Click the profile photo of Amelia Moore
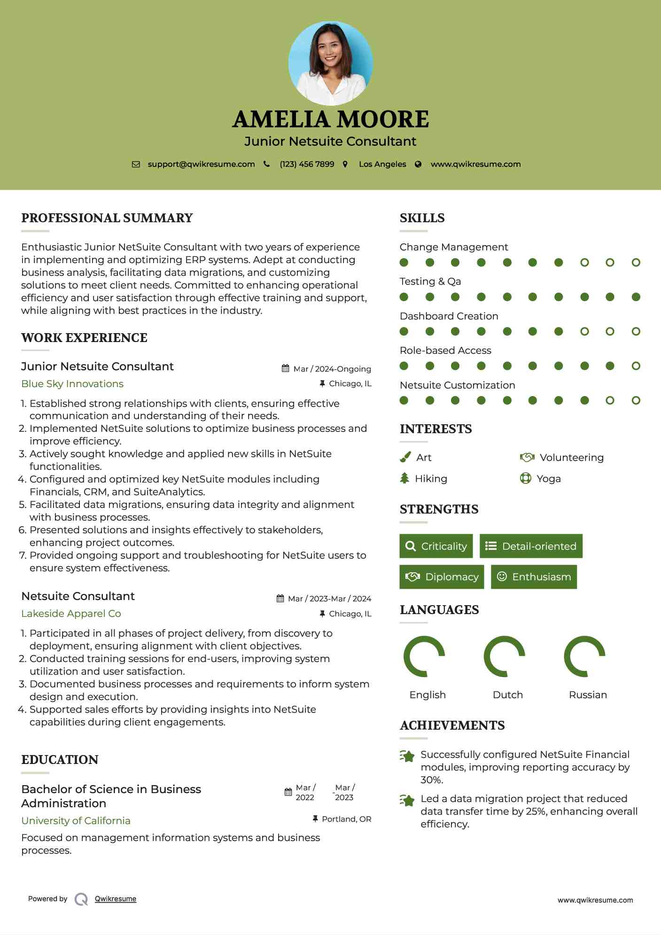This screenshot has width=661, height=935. click(330, 63)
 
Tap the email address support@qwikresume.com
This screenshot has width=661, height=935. click(201, 164)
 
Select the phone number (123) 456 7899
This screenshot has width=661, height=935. click(307, 164)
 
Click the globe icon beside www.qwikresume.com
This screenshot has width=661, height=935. click(418, 164)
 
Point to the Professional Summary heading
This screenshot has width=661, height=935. click(107, 218)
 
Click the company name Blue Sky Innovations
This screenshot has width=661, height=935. click(72, 384)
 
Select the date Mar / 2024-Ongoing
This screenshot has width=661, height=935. click(332, 369)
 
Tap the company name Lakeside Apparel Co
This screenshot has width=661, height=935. click(71, 614)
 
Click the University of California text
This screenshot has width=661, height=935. click(76, 821)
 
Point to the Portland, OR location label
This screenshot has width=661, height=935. click(346, 819)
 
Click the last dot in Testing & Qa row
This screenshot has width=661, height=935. click(636, 297)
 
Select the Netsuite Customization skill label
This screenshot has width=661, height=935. click(457, 385)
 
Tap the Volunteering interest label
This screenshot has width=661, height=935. click(571, 458)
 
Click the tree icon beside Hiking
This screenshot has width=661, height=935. click(404, 478)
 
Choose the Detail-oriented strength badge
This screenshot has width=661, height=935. click(531, 546)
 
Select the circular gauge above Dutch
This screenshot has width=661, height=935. click(504, 656)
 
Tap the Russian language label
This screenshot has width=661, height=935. click(588, 695)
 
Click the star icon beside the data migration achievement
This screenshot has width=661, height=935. click(407, 800)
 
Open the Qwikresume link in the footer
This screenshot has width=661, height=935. click(116, 899)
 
